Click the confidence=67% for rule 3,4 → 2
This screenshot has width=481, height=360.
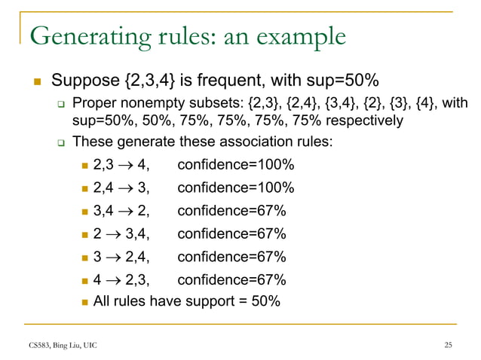click(x=231, y=210)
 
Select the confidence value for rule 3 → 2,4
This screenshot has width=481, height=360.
click(x=231, y=257)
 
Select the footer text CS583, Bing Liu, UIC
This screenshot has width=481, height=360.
click(x=63, y=345)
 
